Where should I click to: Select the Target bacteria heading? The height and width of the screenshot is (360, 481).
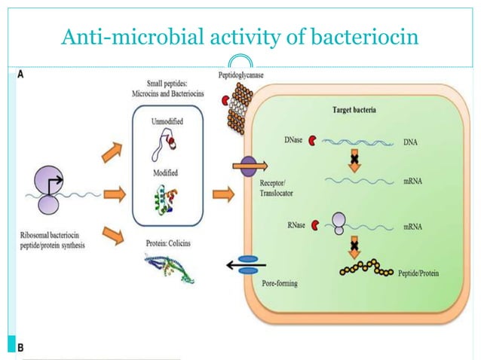pyautogui.click(x=357, y=109)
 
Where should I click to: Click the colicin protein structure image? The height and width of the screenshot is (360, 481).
pyautogui.click(x=167, y=267)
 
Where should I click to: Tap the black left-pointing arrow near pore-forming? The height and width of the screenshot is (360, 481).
pyautogui.click(x=244, y=264)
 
